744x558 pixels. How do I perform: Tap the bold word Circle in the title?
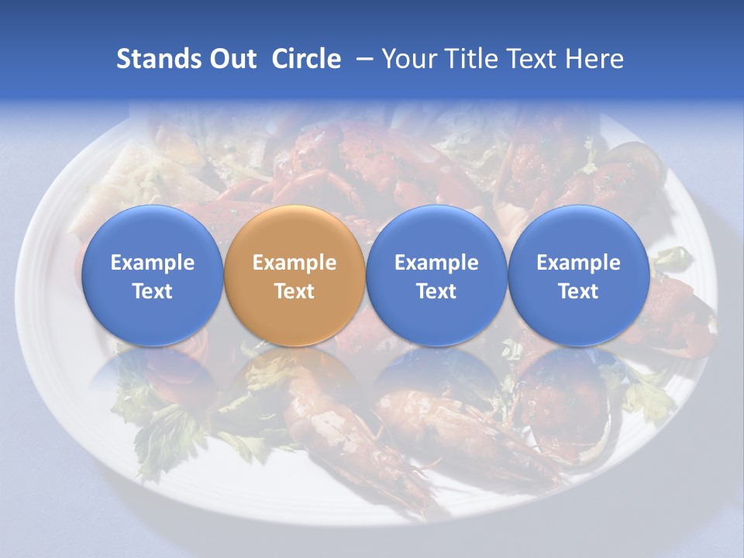[306, 59]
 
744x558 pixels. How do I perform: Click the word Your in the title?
[406, 59]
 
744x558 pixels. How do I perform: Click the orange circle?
[294, 275]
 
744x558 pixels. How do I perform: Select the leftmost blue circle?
[153, 275]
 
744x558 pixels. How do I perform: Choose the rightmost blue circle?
[579, 275]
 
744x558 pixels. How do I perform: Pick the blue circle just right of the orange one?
[436, 275]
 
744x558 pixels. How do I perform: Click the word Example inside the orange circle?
[294, 263]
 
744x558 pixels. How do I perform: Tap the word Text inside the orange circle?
[294, 291]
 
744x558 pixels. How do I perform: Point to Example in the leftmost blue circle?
[153, 263]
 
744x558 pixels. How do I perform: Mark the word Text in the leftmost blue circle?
[153, 291]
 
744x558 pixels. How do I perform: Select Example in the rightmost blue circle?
[579, 263]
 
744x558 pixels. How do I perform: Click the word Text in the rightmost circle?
[579, 291]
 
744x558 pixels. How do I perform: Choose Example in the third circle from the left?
[436, 263]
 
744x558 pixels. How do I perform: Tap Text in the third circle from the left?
[436, 291]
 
